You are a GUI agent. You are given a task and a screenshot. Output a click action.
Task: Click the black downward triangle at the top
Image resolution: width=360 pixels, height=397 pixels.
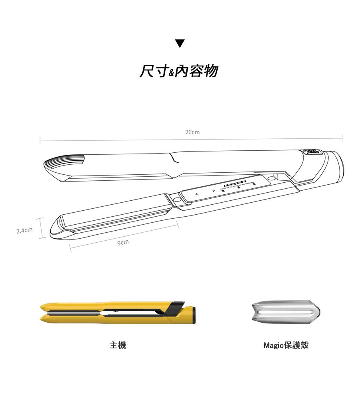coord(180,43)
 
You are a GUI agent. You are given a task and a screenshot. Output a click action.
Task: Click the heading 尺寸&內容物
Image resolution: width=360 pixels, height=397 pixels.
coord(179,71)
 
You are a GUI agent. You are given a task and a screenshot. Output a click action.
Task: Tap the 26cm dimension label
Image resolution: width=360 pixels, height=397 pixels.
coord(192,132)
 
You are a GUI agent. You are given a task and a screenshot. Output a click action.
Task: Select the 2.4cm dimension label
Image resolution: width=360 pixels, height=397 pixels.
coord(24,230)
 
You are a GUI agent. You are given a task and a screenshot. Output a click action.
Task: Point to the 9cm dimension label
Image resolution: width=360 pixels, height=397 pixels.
coord(123,242)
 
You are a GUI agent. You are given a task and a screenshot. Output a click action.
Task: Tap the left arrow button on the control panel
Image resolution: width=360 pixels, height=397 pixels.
coord(197,194)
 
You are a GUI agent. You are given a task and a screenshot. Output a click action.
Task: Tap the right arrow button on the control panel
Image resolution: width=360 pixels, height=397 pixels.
coord(213,190)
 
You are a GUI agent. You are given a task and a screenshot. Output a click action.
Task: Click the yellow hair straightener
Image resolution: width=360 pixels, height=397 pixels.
coord(118,313)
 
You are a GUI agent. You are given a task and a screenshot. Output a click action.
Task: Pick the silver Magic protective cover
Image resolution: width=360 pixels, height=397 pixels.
coord(286,312)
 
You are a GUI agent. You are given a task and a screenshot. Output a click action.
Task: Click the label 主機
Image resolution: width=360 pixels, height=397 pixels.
coord(118,345)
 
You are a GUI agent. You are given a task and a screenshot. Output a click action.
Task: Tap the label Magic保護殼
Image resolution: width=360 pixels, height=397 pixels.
coord(286,345)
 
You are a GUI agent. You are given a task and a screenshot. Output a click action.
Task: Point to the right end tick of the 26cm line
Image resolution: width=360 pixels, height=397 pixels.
coord(342,138)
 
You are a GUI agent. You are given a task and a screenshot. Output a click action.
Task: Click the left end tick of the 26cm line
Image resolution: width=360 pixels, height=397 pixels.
coord(40,141)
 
